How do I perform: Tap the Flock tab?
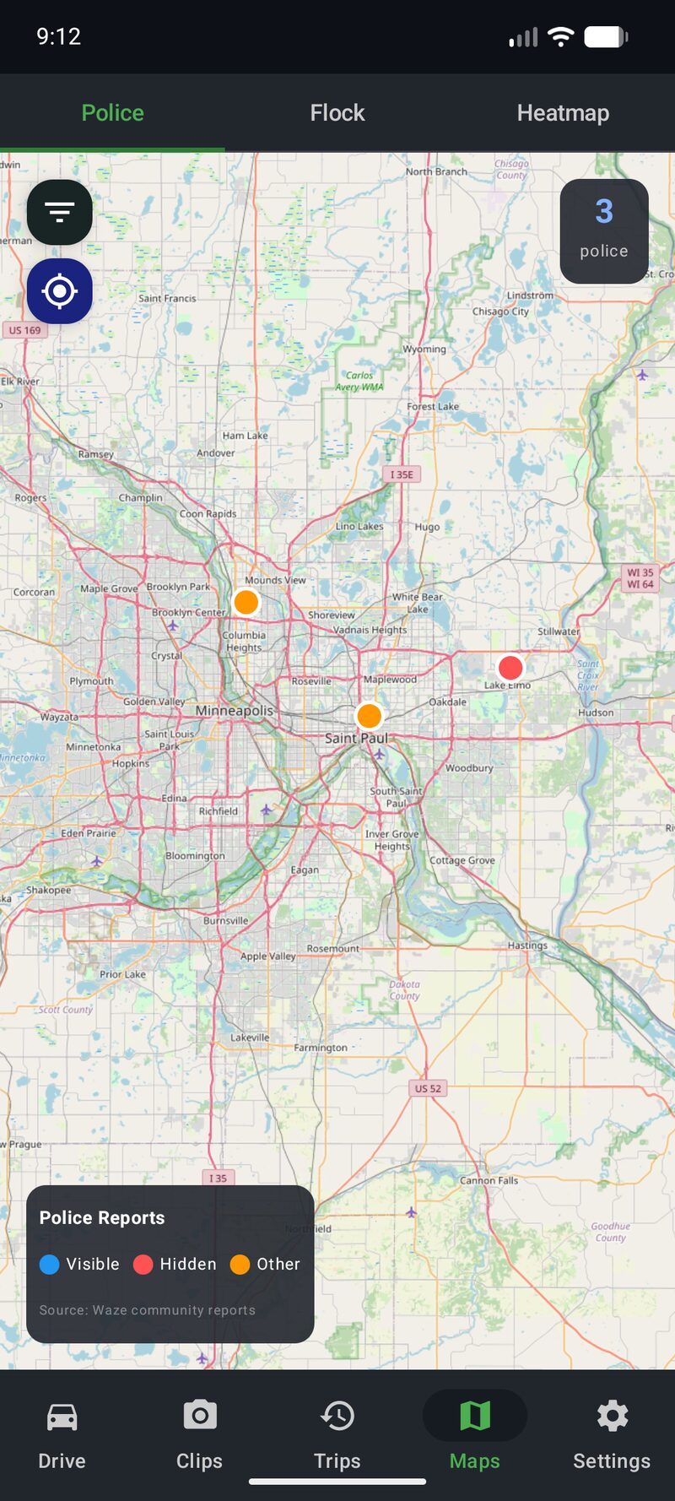pyautogui.click(x=337, y=112)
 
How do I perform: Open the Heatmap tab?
pyautogui.click(x=563, y=112)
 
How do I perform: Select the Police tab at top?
pyautogui.click(x=112, y=112)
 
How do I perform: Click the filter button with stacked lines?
pyautogui.click(x=59, y=212)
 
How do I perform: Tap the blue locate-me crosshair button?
pyautogui.click(x=59, y=291)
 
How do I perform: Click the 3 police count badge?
pyautogui.click(x=604, y=230)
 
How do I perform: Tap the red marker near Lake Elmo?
pyautogui.click(x=510, y=668)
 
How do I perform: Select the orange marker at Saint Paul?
pyautogui.click(x=369, y=716)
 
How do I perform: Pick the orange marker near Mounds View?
pyautogui.click(x=246, y=602)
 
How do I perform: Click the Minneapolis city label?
pyautogui.click(x=235, y=711)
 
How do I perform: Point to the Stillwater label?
pyautogui.click(x=559, y=631)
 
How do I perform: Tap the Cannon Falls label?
pyautogui.click(x=489, y=1180)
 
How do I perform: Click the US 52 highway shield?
pyautogui.click(x=428, y=1088)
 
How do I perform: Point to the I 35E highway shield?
pyautogui.click(x=402, y=474)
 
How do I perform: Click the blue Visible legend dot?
pyautogui.click(x=50, y=1264)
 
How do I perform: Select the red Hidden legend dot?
pyautogui.click(x=143, y=1264)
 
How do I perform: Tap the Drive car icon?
pyautogui.click(x=62, y=1416)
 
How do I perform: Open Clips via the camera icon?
pyautogui.click(x=199, y=1415)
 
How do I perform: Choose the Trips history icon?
pyautogui.click(x=337, y=1416)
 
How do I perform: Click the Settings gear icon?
pyautogui.click(x=612, y=1416)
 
